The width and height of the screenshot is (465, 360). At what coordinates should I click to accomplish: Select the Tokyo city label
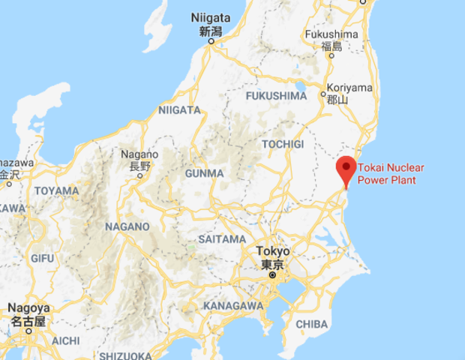click(271, 251)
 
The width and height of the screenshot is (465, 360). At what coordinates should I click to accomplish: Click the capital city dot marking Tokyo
click(273, 275)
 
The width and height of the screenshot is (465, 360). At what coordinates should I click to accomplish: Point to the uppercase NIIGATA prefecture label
click(179, 110)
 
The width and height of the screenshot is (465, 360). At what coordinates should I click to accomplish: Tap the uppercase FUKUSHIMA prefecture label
click(277, 96)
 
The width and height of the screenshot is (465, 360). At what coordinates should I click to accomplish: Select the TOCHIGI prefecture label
click(282, 143)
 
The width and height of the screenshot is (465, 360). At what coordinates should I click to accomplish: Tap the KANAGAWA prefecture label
click(233, 306)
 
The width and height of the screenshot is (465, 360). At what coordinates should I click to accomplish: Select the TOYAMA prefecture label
click(56, 190)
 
